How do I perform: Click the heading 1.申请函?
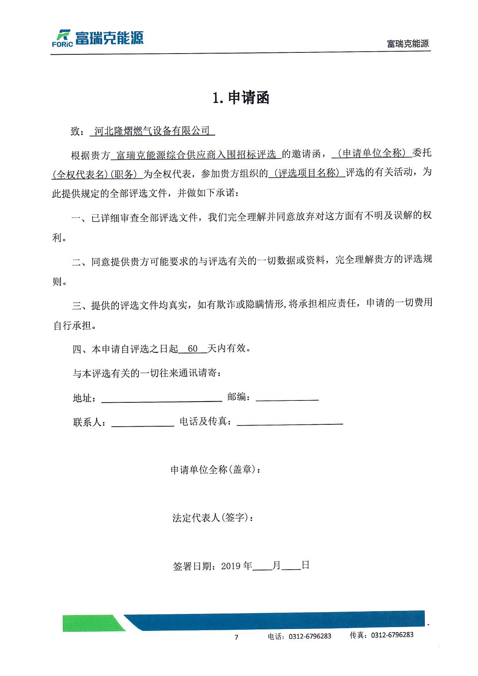pyautogui.click(x=241, y=98)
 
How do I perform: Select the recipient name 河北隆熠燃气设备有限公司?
pyautogui.click(x=152, y=131)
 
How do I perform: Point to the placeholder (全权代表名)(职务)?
pyautogui.click(x=97, y=175)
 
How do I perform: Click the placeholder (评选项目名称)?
pyautogui.click(x=307, y=173)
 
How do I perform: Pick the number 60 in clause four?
pyautogui.click(x=193, y=349)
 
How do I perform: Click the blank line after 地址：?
pyautogui.click(x=162, y=399)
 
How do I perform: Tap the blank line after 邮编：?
pyautogui.click(x=287, y=399)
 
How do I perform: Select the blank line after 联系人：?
pyautogui.click(x=143, y=424)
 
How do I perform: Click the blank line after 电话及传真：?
pyautogui.click(x=290, y=422)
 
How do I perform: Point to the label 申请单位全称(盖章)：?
pyautogui.click(x=216, y=470)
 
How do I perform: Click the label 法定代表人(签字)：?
pyautogui.click(x=213, y=518)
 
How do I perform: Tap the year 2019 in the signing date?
pyautogui.click(x=231, y=566)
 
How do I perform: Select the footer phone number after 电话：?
pyautogui.click(x=310, y=636)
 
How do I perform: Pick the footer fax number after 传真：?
pyautogui.click(x=392, y=635)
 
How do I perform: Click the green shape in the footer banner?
pyautogui.click(x=93, y=623)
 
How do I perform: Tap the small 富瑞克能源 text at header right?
pyautogui.click(x=408, y=44)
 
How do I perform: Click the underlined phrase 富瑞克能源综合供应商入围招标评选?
pyautogui.click(x=196, y=155)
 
